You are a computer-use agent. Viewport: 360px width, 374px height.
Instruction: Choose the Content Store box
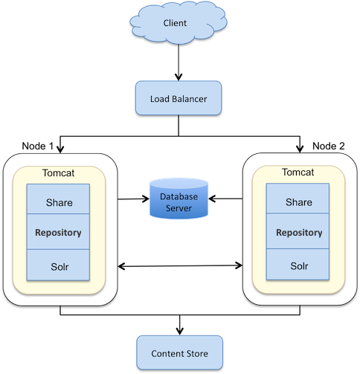[180, 353]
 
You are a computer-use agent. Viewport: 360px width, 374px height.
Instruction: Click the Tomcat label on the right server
[298, 173]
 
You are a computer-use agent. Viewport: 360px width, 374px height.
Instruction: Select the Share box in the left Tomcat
[59, 201]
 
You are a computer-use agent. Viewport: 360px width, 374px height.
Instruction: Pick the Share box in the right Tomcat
[298, 201]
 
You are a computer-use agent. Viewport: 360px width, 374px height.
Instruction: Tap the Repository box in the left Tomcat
[59, 233]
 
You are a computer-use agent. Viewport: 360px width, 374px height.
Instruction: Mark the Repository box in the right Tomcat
[298, 233]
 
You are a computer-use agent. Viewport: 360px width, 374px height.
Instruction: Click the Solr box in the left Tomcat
[59, 265]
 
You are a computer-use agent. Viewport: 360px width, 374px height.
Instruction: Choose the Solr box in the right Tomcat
[298, 265]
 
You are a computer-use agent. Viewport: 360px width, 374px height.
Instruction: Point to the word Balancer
[190, 97]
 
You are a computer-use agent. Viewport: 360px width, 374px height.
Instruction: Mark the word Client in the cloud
[175, 23]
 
